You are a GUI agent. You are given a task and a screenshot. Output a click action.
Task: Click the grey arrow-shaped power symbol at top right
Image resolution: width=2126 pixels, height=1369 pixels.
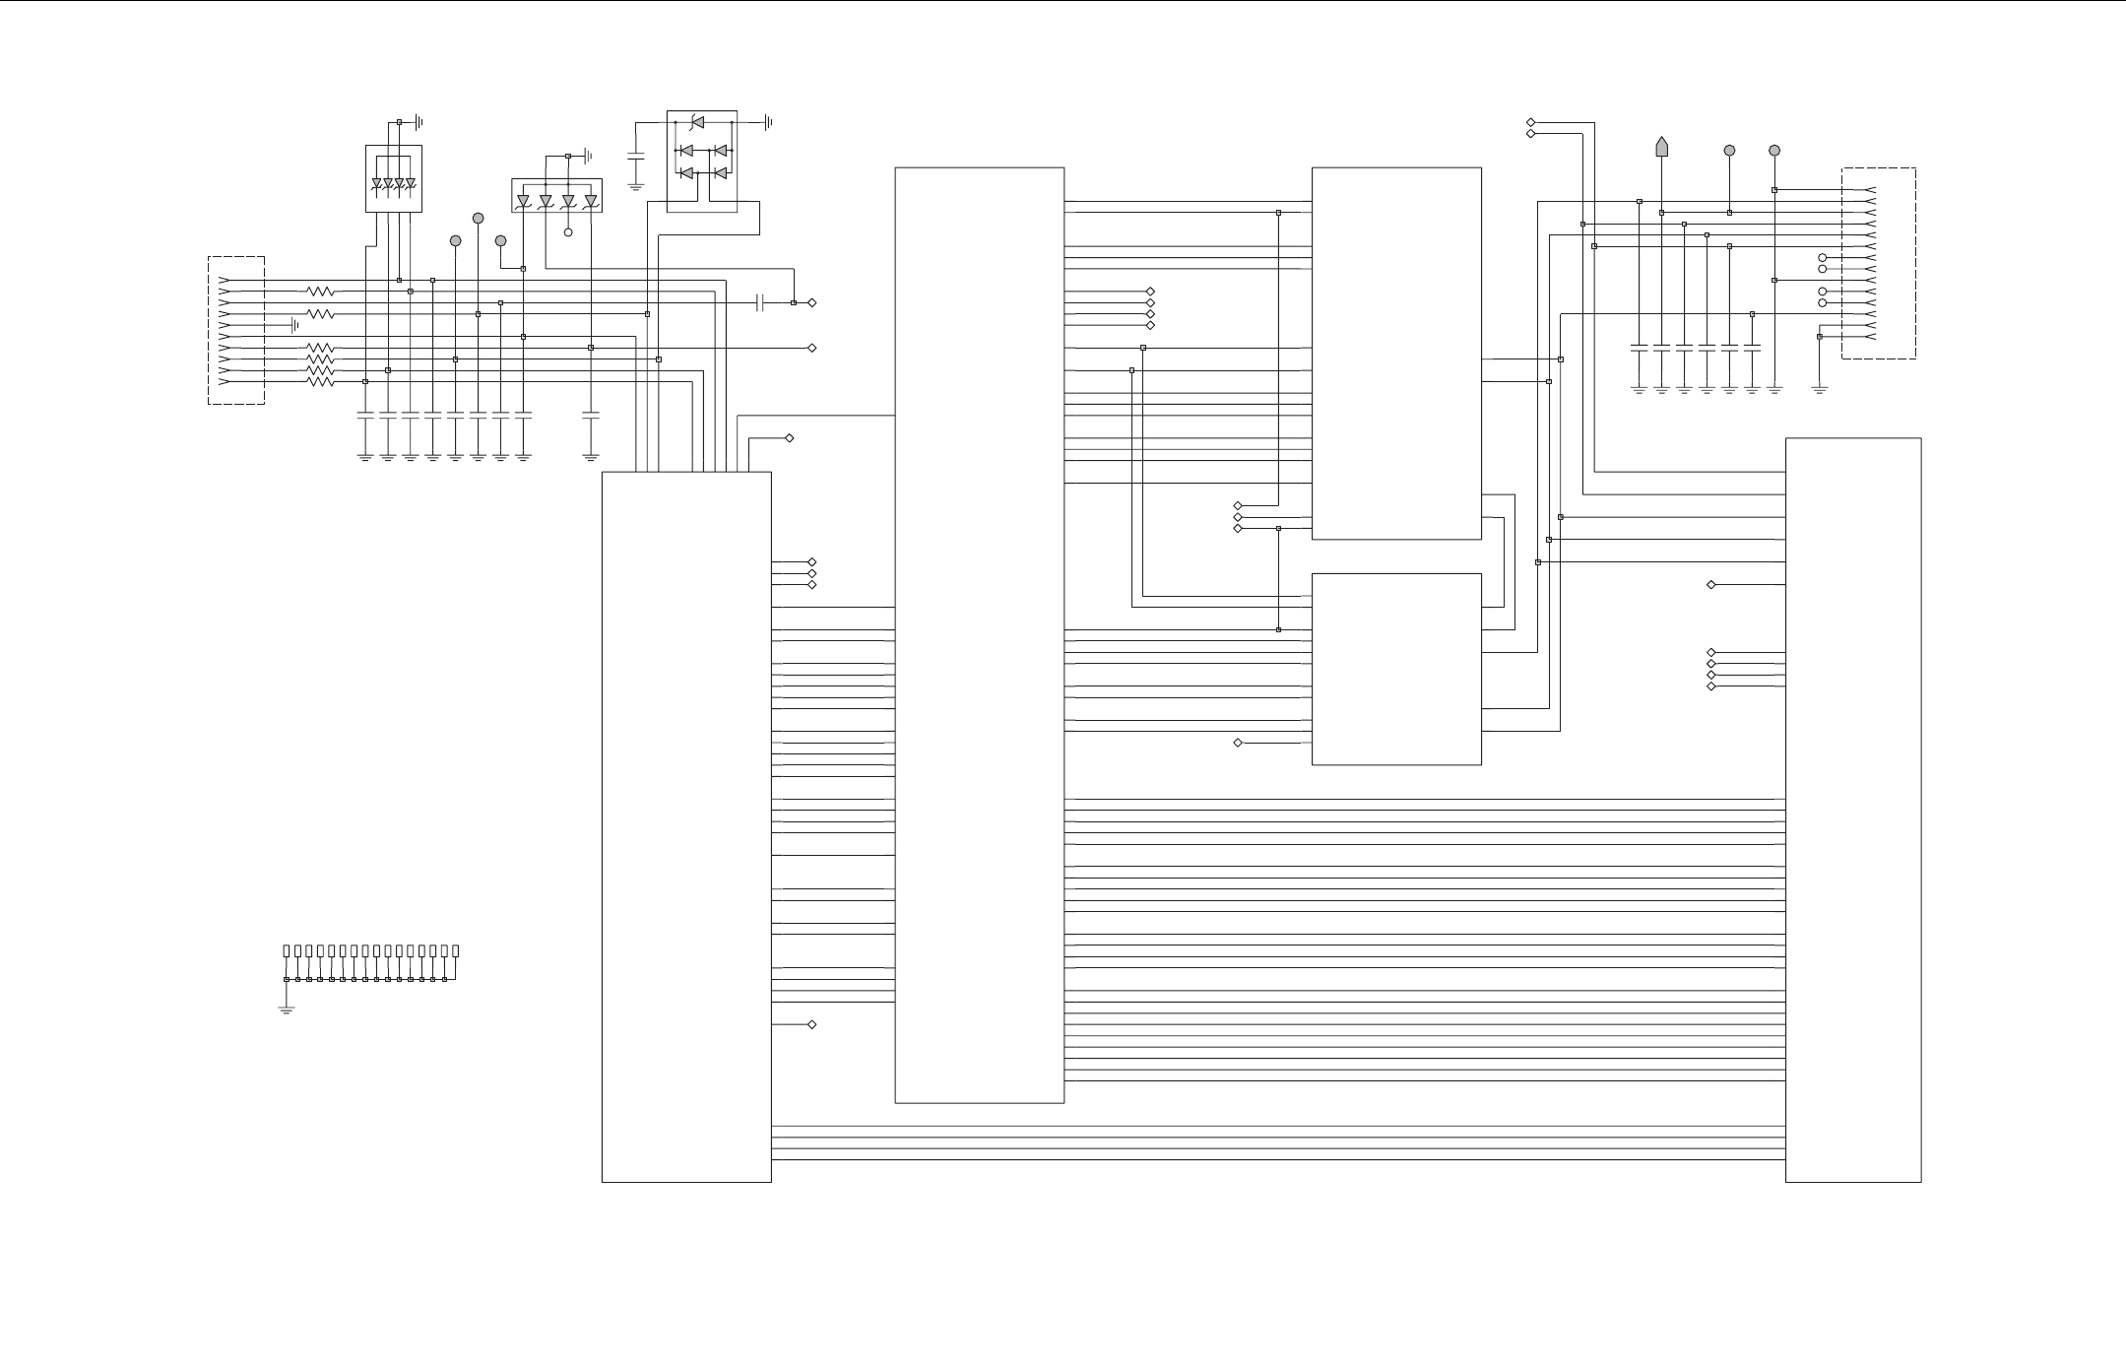click(x=1661, y=146)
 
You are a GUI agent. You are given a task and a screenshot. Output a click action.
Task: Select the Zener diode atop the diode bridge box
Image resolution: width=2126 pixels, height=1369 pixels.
click(x=697, y=122)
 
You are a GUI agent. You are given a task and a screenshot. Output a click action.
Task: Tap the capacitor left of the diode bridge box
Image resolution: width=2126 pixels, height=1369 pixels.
click(x=635, y=156)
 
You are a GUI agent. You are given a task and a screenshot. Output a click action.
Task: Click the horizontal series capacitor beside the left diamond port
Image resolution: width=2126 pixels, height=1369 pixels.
click(x=760, y=302)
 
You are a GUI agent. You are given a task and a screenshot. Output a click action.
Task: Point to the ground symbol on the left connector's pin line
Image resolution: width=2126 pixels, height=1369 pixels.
click(x=294, y=325)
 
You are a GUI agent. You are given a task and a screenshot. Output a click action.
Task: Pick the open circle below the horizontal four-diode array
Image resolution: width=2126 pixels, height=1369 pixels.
click(x=568, y=232)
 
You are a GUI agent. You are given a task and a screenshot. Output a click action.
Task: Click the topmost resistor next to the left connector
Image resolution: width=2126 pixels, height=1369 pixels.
click(x=320, y=292)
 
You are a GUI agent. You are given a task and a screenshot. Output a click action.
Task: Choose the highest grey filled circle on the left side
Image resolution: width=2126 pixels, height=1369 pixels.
click(x=478, y=218)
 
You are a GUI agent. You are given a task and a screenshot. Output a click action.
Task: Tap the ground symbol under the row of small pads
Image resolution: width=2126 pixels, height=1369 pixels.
click(x=287, y=1009)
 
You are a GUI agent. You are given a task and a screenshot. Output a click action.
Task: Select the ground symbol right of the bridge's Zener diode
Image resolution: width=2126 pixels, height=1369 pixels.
click(x=768, y=123)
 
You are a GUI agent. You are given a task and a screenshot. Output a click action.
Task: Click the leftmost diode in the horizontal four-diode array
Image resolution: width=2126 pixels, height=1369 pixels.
click(x=524, y=201)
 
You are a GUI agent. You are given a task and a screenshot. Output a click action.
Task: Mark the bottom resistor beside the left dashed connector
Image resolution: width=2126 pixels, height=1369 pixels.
click(x=320, y=381)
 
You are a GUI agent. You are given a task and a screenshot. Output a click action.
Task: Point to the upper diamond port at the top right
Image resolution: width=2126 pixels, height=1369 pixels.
click(x=1530, y=122)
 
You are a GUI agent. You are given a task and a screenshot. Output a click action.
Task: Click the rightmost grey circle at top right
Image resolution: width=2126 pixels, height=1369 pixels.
click(x=1774, y=151)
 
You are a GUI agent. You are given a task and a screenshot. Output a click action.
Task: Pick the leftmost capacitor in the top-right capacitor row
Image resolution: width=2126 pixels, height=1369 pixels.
click(x=1639, y=349)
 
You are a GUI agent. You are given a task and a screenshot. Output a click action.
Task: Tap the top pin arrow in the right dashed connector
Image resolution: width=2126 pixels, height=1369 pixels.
click(x=1869, y=190)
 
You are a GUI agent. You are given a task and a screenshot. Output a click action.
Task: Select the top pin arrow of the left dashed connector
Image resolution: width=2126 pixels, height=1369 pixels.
click(x=225, y=280)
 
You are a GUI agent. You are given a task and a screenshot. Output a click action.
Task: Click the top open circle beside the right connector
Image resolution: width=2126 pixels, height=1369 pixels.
click(x=1822, y=258)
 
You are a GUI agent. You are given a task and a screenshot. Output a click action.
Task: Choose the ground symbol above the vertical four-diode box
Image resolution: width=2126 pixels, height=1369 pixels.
click(x=419, y=122)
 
